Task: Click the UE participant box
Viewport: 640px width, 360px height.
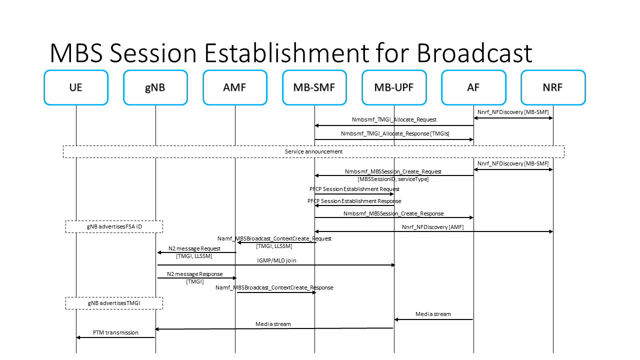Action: pos(76,87)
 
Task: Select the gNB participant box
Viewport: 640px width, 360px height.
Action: pos(155,87)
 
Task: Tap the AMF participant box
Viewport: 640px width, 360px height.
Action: pos(235,87)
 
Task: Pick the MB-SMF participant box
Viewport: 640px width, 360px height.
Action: pos(314,87)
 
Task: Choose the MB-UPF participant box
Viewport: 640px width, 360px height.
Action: pos(394,87)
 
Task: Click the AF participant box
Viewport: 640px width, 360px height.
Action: pos(473,87)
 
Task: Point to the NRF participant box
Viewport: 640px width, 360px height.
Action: pos(553,87)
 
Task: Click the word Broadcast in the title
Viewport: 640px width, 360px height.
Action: pos(474,52)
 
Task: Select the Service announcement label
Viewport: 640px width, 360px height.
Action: pos(313,151)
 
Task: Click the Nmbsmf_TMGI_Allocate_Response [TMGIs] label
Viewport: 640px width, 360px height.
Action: pos(395,134)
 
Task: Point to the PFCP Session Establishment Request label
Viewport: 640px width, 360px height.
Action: pos(354,189)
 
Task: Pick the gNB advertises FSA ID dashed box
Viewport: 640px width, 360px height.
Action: pos(114,226)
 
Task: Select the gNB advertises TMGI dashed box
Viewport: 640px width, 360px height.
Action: pos(114,303)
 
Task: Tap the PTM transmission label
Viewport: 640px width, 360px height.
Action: pos(115,332)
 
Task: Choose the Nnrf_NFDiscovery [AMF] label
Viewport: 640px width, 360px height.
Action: pos(432,227)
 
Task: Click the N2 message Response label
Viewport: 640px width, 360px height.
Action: pos(194,274)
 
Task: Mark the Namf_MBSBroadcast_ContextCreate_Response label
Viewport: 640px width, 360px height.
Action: pos(274,287)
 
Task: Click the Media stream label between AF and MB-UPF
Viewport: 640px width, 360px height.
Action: pos(433,314)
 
